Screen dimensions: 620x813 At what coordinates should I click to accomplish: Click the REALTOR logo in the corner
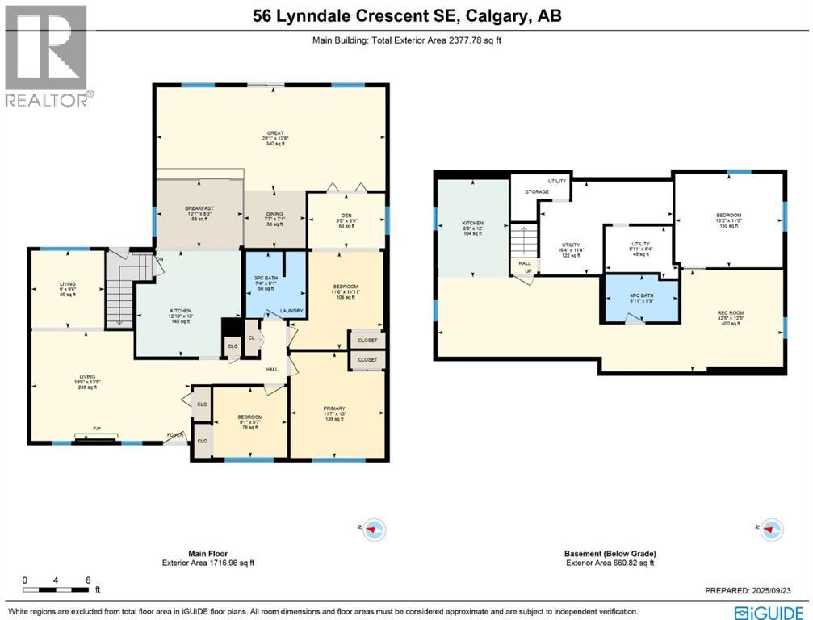click(46, 57)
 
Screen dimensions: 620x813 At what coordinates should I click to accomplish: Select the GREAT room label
click(275, 134)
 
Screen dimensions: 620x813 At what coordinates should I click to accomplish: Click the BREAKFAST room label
click(198, 208)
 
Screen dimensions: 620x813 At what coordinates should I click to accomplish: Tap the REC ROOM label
click(729, 313)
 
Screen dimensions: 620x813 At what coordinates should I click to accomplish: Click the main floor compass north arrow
click(375, 530)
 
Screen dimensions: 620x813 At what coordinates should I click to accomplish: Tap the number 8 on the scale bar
click(87, 580)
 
